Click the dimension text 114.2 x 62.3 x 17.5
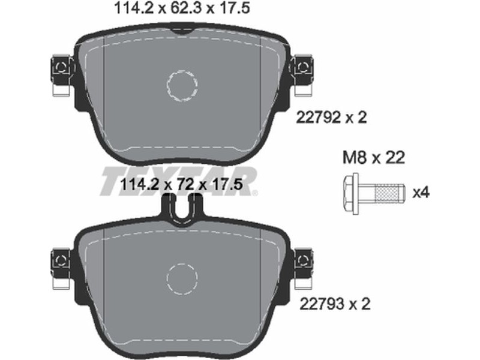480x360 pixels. point(182,8)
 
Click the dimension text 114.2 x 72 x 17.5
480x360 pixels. point(182,185)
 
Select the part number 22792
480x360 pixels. point(319,117)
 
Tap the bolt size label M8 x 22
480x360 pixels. point(373,158)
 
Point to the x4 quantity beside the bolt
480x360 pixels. point(421,193)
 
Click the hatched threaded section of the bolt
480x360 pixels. point(388,193)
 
